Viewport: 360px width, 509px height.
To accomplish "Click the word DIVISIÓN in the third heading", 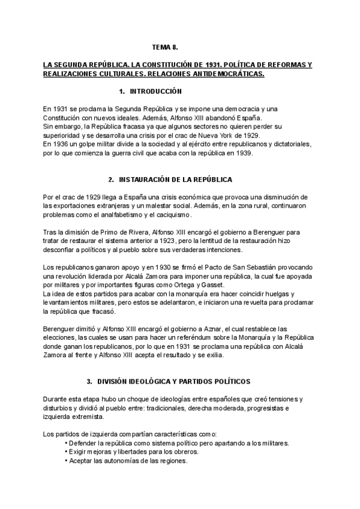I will [113, 381].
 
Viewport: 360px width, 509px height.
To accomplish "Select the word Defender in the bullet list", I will [82, 443].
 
